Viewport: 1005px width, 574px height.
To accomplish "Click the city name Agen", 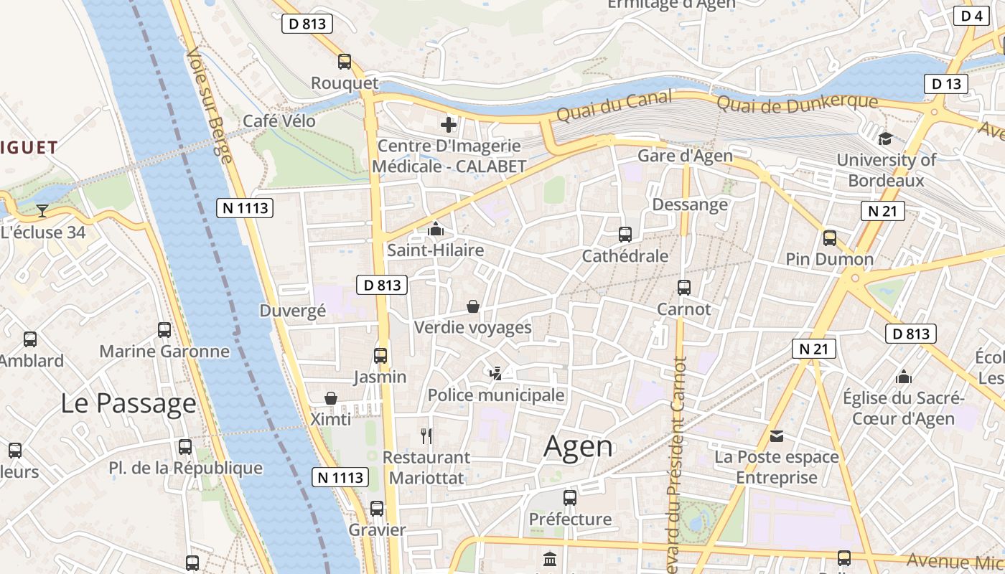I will pos(579,446).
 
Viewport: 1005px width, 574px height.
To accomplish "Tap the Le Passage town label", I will pos(128,403).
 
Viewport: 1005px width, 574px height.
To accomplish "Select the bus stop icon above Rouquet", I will pos(345,62).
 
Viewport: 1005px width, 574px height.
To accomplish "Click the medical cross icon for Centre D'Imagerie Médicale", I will pos(449,125).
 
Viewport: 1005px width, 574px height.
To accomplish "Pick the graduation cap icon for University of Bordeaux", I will pos(885,138).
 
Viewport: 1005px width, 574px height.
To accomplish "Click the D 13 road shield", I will pos(945,84).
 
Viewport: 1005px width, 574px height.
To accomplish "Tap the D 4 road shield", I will pos(971,15).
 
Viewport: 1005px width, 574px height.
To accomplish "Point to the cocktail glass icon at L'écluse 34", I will pos(42,210).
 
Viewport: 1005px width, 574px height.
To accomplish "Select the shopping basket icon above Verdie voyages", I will pos(473,306).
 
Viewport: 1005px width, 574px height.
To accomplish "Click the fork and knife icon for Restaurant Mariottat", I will pos(426,436).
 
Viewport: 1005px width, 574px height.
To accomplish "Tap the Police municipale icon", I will pos(495,373).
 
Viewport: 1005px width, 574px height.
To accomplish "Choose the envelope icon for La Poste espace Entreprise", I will pos(777,436).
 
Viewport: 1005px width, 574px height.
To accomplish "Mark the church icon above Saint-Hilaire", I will pos(435,230).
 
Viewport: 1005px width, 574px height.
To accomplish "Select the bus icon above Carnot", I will pos(684,288).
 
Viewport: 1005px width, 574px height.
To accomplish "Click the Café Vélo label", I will pos(279,121).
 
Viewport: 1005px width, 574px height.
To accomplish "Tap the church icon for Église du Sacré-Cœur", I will pos(904,377).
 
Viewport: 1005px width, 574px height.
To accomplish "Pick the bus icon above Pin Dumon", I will pos(830,237).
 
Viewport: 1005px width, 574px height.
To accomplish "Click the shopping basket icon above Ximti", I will pos(331,398).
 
